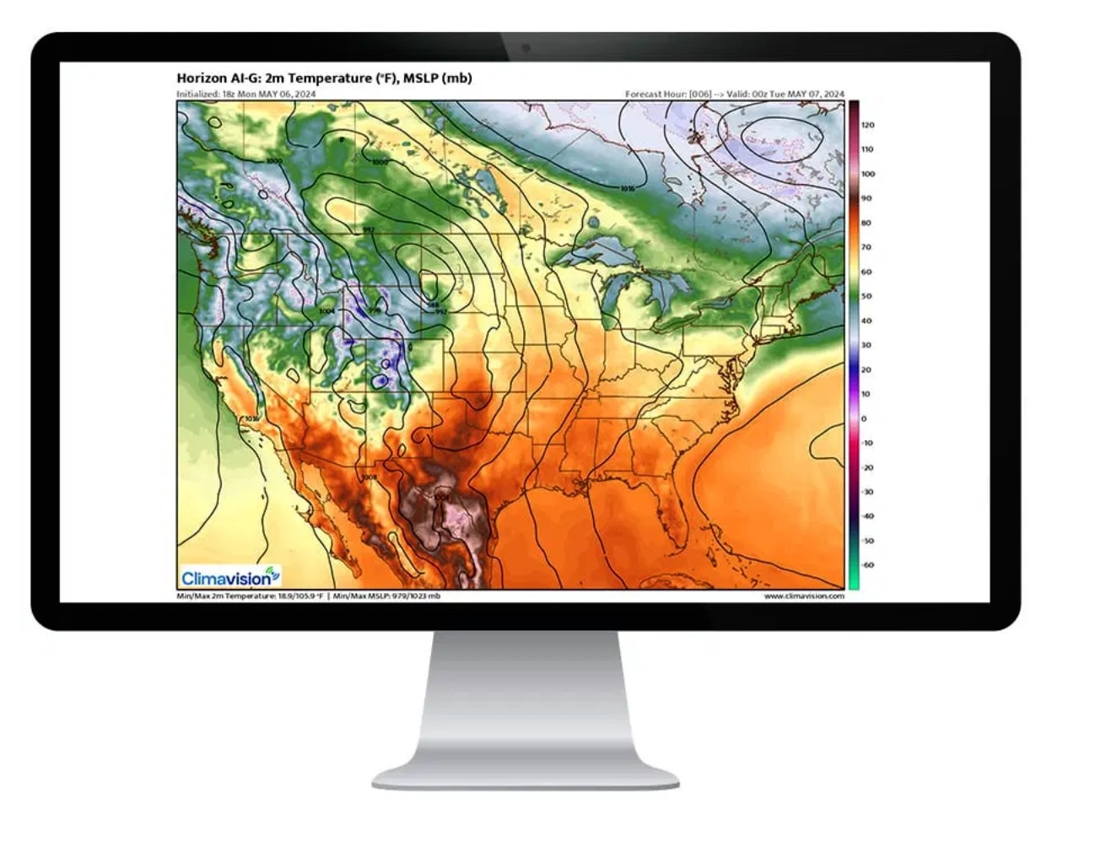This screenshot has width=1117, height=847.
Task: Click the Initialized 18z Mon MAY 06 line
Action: click(x=246, y=94)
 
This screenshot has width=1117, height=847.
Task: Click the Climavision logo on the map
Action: click(x=229, y=577)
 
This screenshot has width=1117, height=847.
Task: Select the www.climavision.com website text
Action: click(x=803, y=596)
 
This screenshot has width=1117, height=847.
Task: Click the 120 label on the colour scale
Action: click(x=867, y=125)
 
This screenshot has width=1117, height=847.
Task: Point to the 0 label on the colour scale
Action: click(x=863, y=418)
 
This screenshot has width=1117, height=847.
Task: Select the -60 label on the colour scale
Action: click(x=867, y=565)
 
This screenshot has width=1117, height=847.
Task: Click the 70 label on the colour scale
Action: click(x=866, y=247)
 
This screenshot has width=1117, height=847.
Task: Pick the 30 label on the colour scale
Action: click(x=866, y=345)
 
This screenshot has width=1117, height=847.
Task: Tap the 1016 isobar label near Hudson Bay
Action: click(x=626, y=189)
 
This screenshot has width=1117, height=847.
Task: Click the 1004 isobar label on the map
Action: click(x=327, y=311)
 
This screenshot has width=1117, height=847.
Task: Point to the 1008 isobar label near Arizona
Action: click(x=369, y=477)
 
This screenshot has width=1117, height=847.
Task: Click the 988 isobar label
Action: click(x=432, y=305)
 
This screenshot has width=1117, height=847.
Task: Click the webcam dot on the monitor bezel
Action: click(x=526, y=47)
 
